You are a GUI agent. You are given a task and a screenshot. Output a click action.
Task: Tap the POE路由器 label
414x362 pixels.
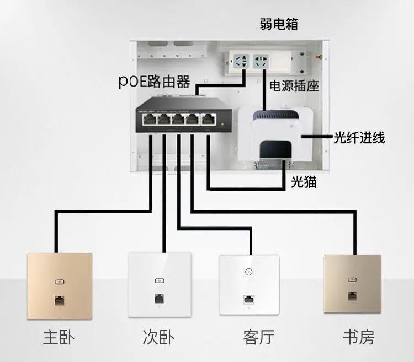[x=155, y=82]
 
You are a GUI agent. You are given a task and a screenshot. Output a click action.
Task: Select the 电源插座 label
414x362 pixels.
[x=294, y=87]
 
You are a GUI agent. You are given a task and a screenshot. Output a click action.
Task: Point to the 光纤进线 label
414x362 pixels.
[x=359, y=137]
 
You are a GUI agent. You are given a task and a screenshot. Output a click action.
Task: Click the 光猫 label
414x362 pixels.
[x=304, y=182]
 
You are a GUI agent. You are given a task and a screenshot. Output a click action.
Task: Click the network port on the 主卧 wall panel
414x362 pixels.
[x=59, y=300]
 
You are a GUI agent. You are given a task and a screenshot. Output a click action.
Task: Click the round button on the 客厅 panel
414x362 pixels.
[x=248, y=272]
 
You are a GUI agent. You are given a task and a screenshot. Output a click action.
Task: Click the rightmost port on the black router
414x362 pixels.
[x=209, y=119]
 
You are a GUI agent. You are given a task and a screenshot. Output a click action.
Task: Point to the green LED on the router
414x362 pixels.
[x=222, y=125]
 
